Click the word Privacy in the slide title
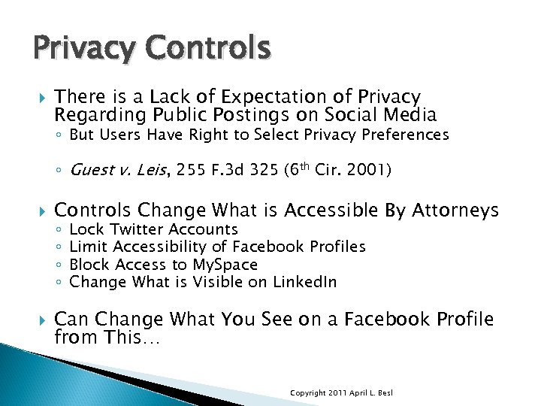point(73,48)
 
